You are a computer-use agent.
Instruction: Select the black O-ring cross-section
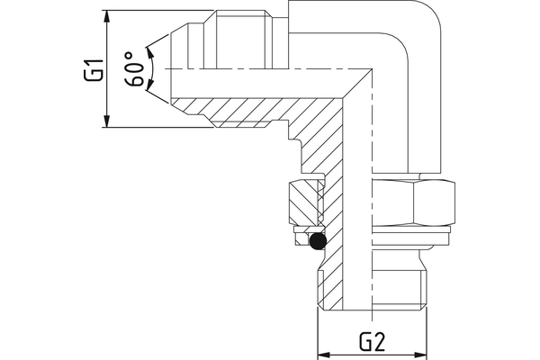point(316,240)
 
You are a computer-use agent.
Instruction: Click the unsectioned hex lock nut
point(413,203)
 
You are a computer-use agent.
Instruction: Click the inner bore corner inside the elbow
point(370,71)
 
